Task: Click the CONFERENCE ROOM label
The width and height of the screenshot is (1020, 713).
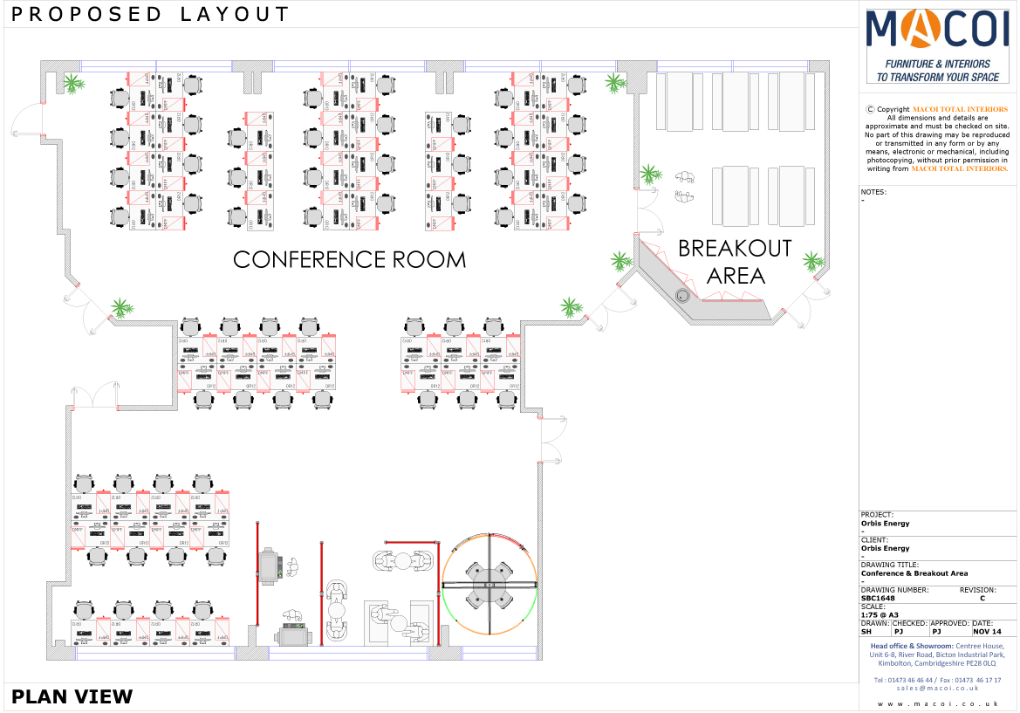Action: (349, 259)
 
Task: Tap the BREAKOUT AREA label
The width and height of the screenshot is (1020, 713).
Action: (735, 262)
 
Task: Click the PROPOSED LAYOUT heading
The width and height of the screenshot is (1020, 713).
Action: (151, 14)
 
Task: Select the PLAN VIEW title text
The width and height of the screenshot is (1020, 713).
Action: (72, 696)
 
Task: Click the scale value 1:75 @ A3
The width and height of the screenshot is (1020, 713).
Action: (880, 614)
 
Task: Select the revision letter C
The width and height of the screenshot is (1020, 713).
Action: (983, 598)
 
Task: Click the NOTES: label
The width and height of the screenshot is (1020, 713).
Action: (873, 191)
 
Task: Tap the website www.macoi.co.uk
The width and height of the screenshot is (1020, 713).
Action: (937, 703)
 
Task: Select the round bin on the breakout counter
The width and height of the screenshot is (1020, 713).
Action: (683, 296)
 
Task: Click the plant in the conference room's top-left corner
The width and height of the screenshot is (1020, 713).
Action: (73, 84)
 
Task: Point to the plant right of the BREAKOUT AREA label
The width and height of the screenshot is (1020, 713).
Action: (812, 261)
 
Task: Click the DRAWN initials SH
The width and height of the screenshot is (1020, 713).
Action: (866, 631)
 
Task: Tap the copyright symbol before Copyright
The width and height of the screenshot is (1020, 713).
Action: (870, 109)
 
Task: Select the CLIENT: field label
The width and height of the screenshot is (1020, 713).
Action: (873, 540)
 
